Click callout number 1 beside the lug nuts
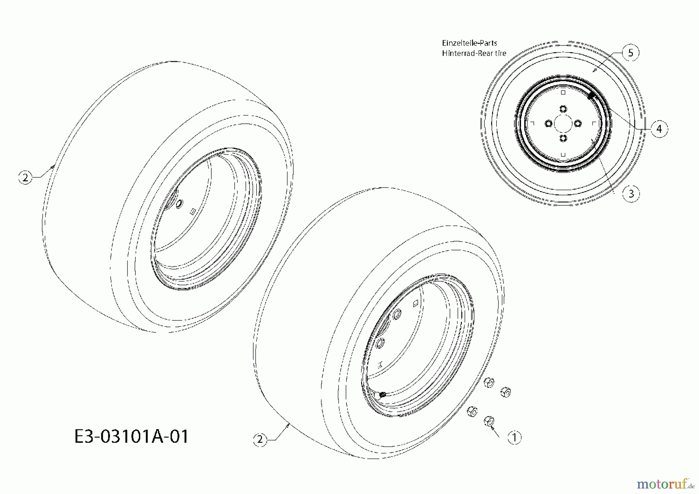(x=515, y=438)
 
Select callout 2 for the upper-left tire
(x=26, y=177)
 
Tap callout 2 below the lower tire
(x=260, y=440)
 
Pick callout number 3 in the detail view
(x=631, y=193)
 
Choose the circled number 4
(x=659, y=129)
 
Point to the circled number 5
(x=631, y=52)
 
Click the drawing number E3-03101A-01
(x=131, y=436)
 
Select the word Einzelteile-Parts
(x=469, y=43)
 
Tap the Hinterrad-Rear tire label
(x=474, y=53)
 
